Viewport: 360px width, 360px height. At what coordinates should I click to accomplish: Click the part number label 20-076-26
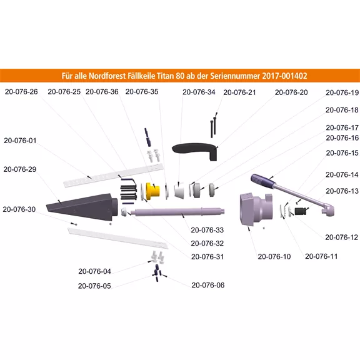[x=21, y=92]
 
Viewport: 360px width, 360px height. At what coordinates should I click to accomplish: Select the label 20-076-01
[x=20, y=141]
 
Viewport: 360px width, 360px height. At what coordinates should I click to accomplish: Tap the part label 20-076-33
[x=207, y=230]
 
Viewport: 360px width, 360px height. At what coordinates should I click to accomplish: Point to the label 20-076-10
[x=274, y=256]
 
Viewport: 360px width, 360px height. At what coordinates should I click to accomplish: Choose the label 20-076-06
[x=208, y=285]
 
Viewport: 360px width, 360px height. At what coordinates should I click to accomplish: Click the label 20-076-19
[x=342, y=92]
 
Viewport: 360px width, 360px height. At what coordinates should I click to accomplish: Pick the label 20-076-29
[x=20, y=169]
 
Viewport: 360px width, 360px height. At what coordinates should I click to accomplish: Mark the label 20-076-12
[x=342, y=237]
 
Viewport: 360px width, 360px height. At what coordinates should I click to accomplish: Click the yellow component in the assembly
[x=152, y=191]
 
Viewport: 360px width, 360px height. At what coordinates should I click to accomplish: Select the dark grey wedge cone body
[x=82, y=207]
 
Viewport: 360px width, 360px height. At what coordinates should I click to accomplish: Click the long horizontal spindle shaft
[x=177, y=212]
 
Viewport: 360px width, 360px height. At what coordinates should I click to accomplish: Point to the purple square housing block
[x=256, y=209]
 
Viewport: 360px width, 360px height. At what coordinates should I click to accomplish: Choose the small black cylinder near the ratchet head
[x=300, y=211]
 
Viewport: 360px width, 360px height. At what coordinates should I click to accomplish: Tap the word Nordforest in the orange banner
[x=106, y=76]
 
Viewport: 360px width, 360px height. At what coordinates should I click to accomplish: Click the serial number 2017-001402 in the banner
[x=284, y=76]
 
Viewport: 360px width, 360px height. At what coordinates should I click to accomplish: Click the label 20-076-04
[x=94, y=271]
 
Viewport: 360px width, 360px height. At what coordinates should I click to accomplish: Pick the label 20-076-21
[x=239, y=92]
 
